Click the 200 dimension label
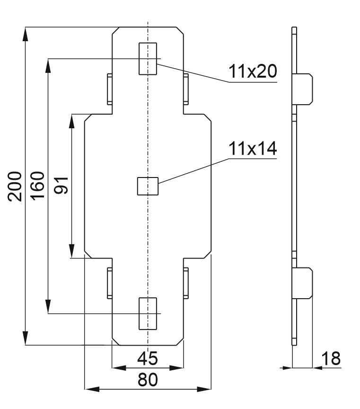click(16, 187)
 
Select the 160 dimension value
click(38, 187)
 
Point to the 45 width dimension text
click(148, 359)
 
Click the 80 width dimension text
click(148, 380)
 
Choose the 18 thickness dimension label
click(332, 358)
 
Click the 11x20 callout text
click(252, 71)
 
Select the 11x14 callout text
click(252, 149)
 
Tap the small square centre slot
click(147, 186)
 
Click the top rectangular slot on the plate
click(147, 58)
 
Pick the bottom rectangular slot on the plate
click(147, 313)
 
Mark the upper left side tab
click(109, 89)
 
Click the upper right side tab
click(186, 89)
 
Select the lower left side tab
click(109, 283)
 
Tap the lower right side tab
click(186, 283)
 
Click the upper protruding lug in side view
click(304, 89)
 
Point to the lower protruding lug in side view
click(304, 283)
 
